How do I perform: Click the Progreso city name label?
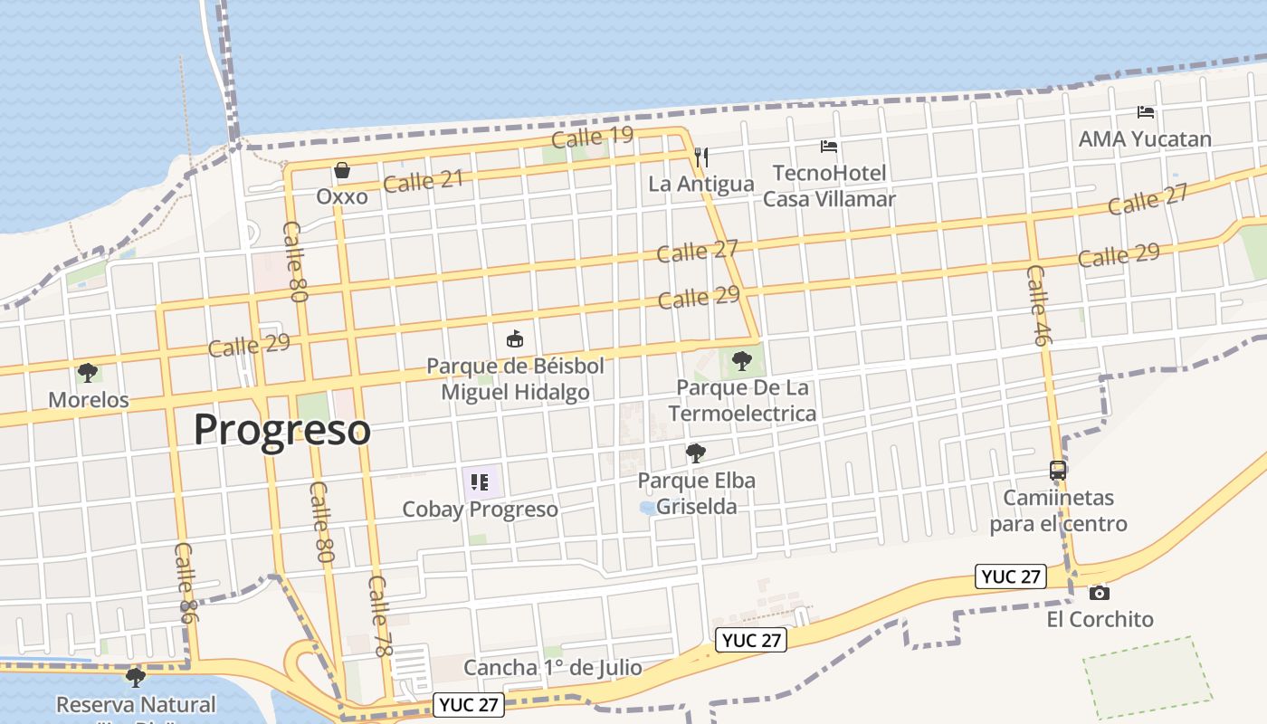[x=282, y=430]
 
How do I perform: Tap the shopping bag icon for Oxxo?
[x=342, y=170]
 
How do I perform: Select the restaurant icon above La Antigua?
[x=700, y=157]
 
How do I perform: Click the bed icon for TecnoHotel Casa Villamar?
[x=829, y=147]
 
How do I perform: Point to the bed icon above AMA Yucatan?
[x=1146, y=113]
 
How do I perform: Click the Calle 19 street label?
[x=592, y=138]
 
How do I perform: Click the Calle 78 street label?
[x=380, y=615]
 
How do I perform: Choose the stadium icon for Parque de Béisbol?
[x=515, y=340]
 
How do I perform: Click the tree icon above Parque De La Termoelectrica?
[x=742, y=361]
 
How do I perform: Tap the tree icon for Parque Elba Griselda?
[x=695, y=453]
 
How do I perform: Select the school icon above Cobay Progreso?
[x=480, y=482]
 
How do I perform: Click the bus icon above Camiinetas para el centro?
[x=1057, y=471]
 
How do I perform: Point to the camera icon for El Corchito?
[x=1100, y=593]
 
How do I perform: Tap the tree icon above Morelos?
[x=88, y=372]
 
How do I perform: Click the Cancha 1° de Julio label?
[x=552, y=668]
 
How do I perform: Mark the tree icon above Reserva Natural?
[x=136, y=677]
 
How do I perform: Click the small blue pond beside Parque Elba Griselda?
[x=649, y=508]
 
